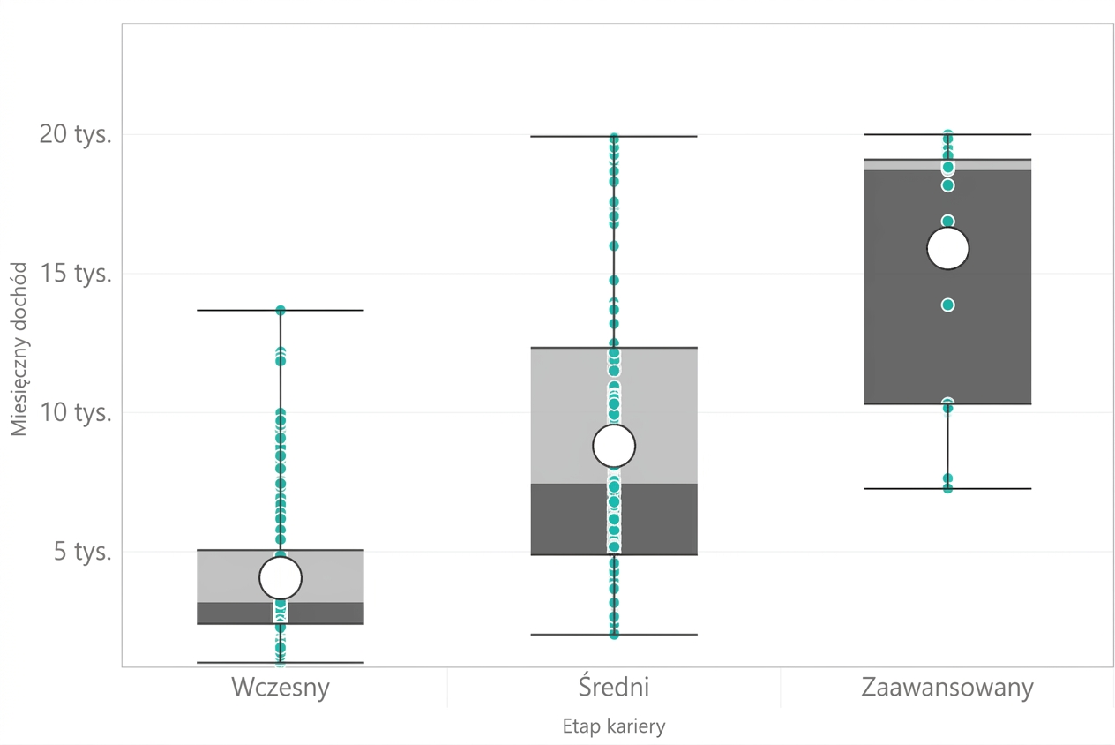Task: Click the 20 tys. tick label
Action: [75, 134]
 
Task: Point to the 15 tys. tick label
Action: [75, 274]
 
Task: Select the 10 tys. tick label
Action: [75, 412]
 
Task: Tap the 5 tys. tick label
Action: [82, 552]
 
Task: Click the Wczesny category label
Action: [281, 688]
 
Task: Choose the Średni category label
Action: [614, 686]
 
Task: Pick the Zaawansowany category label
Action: [947, 689]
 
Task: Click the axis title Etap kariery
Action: [614, 726]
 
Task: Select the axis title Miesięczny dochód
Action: [19, 349]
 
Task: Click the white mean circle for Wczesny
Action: [281, 577]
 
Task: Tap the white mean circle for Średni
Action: [614, 446]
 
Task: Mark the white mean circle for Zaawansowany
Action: [947, 248]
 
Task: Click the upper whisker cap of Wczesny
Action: [281, 310]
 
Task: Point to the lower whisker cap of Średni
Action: [614, 635]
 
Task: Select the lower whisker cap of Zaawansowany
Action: [947, 488]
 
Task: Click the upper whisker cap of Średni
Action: [614, 136]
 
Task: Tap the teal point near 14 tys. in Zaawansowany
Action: [947, 305]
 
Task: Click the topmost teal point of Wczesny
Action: [281, 310]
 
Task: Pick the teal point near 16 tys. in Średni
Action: [614, 246]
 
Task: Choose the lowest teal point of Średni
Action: [614, 635]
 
